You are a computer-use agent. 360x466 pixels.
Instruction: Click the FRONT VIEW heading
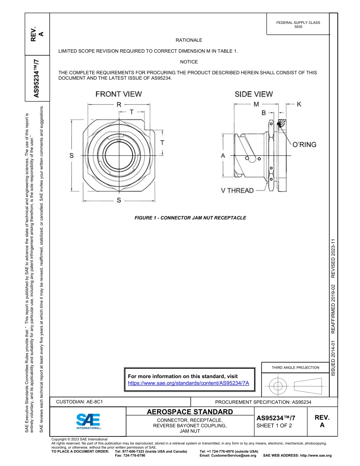[119, 94]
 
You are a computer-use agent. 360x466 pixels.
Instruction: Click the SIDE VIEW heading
[254, 94]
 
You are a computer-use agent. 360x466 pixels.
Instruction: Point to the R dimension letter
[119, 105]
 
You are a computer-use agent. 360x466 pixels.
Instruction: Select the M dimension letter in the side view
[256, 104]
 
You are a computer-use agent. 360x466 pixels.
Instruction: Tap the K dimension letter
[299, 104]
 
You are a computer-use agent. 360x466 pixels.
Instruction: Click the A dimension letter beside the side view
[223, 155]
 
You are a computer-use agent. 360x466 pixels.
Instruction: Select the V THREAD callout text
[237, 191]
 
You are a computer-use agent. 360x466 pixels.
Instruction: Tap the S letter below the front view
[119, 200]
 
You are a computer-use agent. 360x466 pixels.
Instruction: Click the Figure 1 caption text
[190, 218]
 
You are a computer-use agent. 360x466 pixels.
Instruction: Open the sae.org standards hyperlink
[188, 383]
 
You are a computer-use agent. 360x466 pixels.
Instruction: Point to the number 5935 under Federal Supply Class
[298, 27]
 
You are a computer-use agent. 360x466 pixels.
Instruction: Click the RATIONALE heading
[189, 40]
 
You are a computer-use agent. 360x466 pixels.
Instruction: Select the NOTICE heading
[189, 62]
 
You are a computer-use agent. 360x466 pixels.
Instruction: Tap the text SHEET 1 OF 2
[274, 425]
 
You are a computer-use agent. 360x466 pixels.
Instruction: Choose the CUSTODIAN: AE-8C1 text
[80, 402]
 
